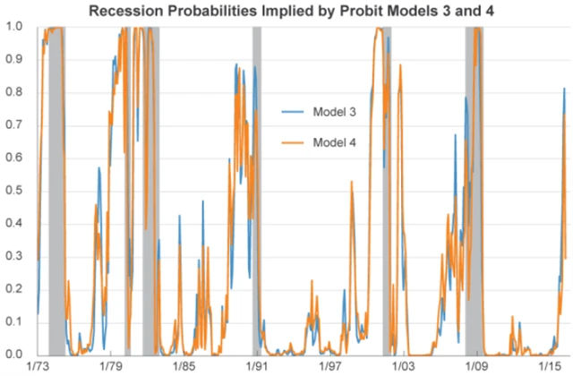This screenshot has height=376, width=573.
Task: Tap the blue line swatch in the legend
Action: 294,111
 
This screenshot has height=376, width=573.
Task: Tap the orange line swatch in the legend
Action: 294,143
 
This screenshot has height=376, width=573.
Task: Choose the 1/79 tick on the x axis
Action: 110,367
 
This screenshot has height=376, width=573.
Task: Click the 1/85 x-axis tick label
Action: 184,367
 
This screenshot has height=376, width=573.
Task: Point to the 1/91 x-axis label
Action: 257,367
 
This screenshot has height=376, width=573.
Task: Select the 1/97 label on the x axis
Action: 329,367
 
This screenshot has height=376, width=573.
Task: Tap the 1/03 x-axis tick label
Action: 403,367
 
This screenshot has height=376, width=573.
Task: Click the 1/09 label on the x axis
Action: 475,367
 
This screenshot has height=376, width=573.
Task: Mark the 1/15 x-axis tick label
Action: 549,367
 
